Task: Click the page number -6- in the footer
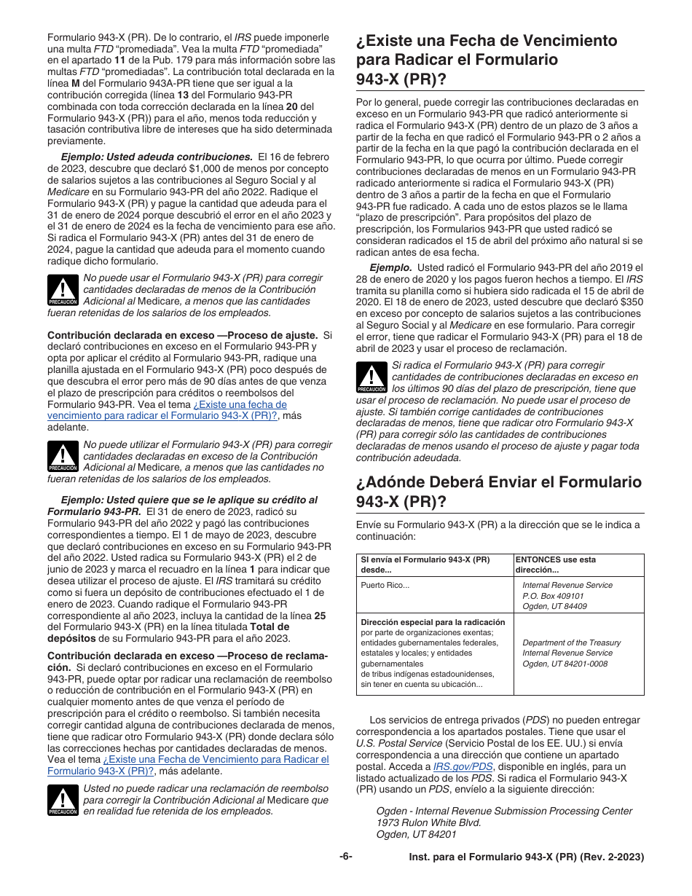click(345, 857)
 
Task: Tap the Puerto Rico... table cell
click(385, 585)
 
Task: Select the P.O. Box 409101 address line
click(554, 596)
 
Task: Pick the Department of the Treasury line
click(571, 642)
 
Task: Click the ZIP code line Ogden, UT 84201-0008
click(565, 664)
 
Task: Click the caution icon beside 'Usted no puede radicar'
click(63, 800)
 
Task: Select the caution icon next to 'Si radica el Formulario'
click(371, 377)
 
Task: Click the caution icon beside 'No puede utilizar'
click(63, 456)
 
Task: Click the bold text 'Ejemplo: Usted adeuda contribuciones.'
click(156, 157)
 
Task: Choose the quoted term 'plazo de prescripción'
click(396, 217)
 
